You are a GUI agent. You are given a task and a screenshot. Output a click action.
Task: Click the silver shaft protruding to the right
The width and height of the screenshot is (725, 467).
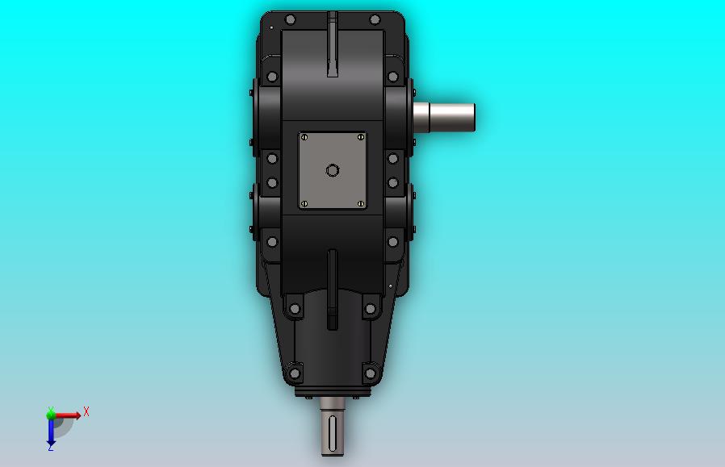(x=444, y=117)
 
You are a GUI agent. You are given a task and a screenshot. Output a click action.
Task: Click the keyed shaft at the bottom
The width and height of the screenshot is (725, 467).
(x=333, y=427)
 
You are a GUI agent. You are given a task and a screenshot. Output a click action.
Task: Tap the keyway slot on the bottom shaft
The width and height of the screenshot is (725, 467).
(x=333, y=433)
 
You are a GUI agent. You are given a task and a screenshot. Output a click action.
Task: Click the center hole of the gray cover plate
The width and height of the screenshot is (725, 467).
(x=333, y=170)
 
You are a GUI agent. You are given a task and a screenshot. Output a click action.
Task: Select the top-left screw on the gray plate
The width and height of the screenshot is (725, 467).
(x=304, y=137)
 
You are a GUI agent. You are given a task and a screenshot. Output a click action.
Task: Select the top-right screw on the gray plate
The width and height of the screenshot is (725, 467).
(x=361, y=137)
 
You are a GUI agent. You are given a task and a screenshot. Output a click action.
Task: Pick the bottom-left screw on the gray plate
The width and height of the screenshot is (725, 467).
(x=304, y=204)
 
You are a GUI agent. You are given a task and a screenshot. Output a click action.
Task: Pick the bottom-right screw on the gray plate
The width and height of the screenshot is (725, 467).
(x=361, y=204)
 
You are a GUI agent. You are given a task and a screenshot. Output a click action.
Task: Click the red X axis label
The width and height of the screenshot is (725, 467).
(x=86, y=411)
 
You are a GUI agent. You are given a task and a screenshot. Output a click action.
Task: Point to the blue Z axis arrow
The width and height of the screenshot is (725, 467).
(x=51, y=431)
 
